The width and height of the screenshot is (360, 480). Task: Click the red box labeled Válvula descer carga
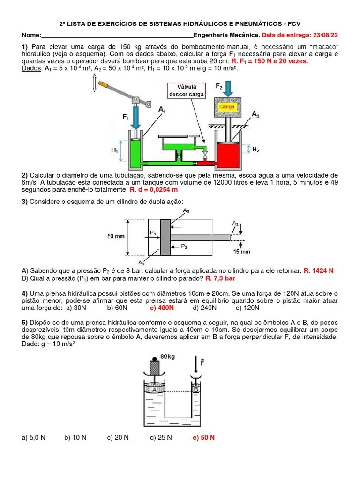coord(187,90)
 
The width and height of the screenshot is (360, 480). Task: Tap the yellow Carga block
coord(227,107)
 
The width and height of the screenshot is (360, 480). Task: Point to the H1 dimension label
coord(114,150)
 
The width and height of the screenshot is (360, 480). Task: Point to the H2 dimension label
coord(256,150)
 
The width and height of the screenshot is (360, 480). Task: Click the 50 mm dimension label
coord(116,237)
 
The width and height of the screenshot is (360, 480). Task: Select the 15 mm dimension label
coord(242,251)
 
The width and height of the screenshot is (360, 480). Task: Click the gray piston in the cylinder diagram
coord(165,237)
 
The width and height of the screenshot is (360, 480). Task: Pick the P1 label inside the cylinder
coord(153,232)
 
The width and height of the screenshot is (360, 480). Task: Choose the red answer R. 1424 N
coord(319,270)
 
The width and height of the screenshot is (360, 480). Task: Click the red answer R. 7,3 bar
coord(220,278)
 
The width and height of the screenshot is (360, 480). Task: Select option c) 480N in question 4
coord(162,308)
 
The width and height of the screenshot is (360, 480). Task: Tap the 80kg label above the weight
coord(167,356)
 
